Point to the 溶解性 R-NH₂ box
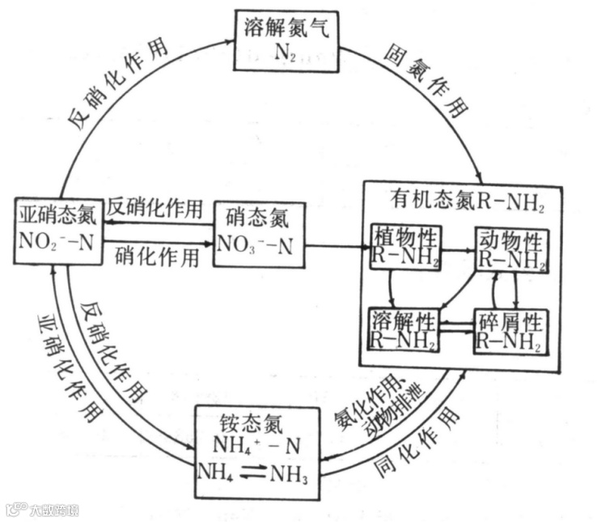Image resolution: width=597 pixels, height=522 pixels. point(404,329)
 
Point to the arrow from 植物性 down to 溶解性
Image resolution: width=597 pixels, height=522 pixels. point(391,286)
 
